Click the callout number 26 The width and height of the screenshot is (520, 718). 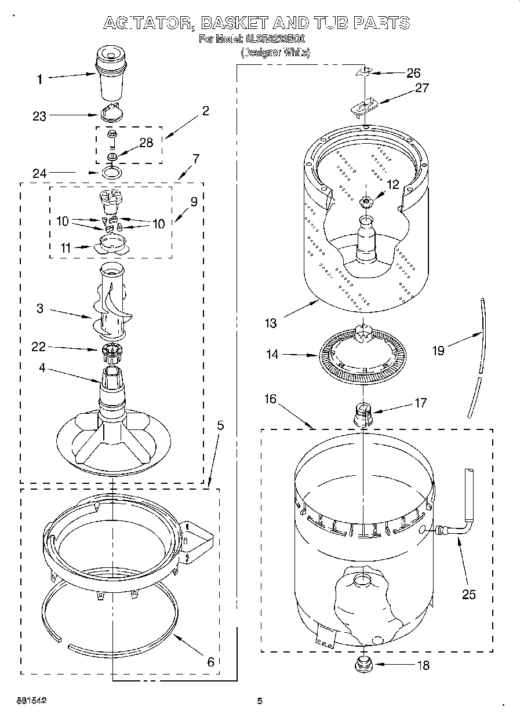coord(413,73)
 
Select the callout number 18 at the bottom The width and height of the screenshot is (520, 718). coord(423,665)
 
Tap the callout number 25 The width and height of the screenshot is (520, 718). coord(468,594)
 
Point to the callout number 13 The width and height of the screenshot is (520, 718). coord(270,323)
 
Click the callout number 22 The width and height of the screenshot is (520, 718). coord(39,347)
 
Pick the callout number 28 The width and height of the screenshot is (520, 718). coord(146,143)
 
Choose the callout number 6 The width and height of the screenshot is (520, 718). coord(210,661)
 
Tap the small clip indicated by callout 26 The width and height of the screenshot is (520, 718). coord(363,71)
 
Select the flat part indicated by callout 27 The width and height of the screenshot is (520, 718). coord(363,105)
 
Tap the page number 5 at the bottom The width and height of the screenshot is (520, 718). coord(260,701)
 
